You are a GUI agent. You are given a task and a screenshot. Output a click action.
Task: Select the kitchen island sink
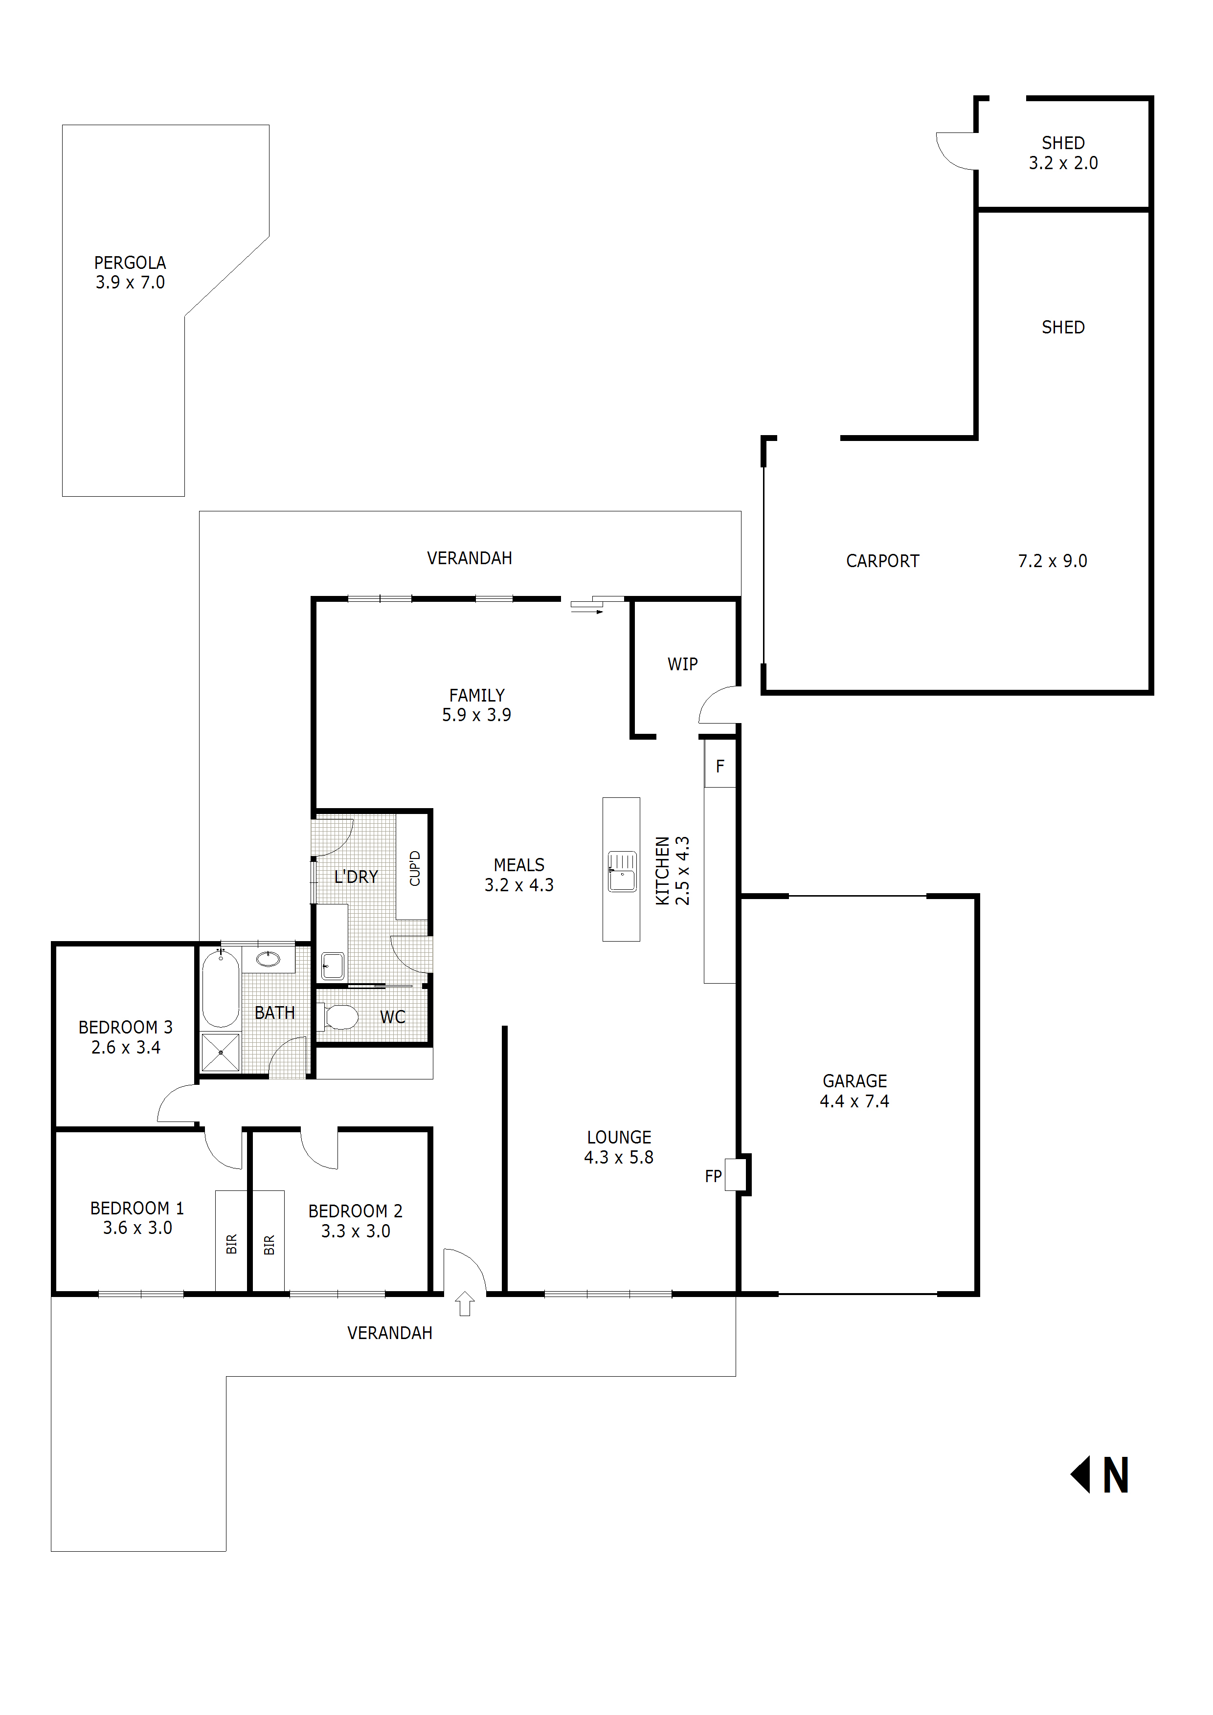[x=622, y=871]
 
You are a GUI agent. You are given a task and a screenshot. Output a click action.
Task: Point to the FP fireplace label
[x=714, y=1176]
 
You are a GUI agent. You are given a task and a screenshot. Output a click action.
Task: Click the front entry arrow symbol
[x=465, y=1303]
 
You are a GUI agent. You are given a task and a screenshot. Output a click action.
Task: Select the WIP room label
[x=682, y=664]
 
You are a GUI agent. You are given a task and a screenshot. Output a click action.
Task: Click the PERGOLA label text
[x=130, y=263]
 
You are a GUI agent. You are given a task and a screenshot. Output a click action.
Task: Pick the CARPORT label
[x=883, y=561]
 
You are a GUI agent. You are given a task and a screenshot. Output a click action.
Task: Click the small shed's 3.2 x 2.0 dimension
[x=1063, y=163]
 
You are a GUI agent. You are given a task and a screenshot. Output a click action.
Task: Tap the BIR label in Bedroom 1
[x=232, y=1244]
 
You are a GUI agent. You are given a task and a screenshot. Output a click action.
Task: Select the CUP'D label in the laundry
[x=415, y=868]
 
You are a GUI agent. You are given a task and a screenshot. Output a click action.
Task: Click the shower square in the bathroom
[x=221, y=1052]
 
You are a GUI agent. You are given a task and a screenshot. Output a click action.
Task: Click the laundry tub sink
[x=333, y=966]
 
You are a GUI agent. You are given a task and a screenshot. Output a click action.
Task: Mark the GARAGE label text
[x=855, y=1081]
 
